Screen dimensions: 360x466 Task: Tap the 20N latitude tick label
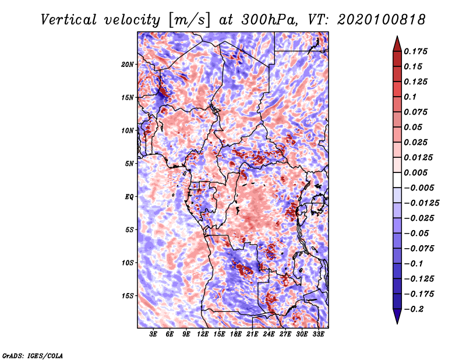[x=128, y=64]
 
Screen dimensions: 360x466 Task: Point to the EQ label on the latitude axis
[x=129, y=197]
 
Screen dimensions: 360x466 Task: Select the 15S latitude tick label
[x=128, y=296]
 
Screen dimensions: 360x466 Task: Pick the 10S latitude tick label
[x=128, y=263]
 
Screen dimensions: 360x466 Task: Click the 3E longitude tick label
[x=153, y=335]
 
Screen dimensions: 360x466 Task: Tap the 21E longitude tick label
[x=252, y=335]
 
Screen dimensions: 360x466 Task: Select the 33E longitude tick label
[x=318, y=335]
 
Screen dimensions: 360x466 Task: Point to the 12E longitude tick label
[x=203, y=335]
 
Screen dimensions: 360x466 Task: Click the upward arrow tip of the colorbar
[x=397, y=38]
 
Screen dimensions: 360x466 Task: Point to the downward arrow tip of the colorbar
[x=397, y=322]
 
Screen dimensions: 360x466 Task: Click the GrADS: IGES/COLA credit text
[x=33, y=355]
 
